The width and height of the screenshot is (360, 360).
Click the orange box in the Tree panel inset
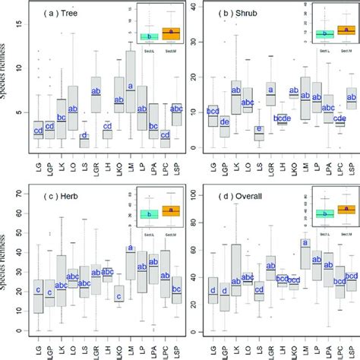(171, 33)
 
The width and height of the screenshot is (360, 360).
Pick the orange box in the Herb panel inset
(171, 211)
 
